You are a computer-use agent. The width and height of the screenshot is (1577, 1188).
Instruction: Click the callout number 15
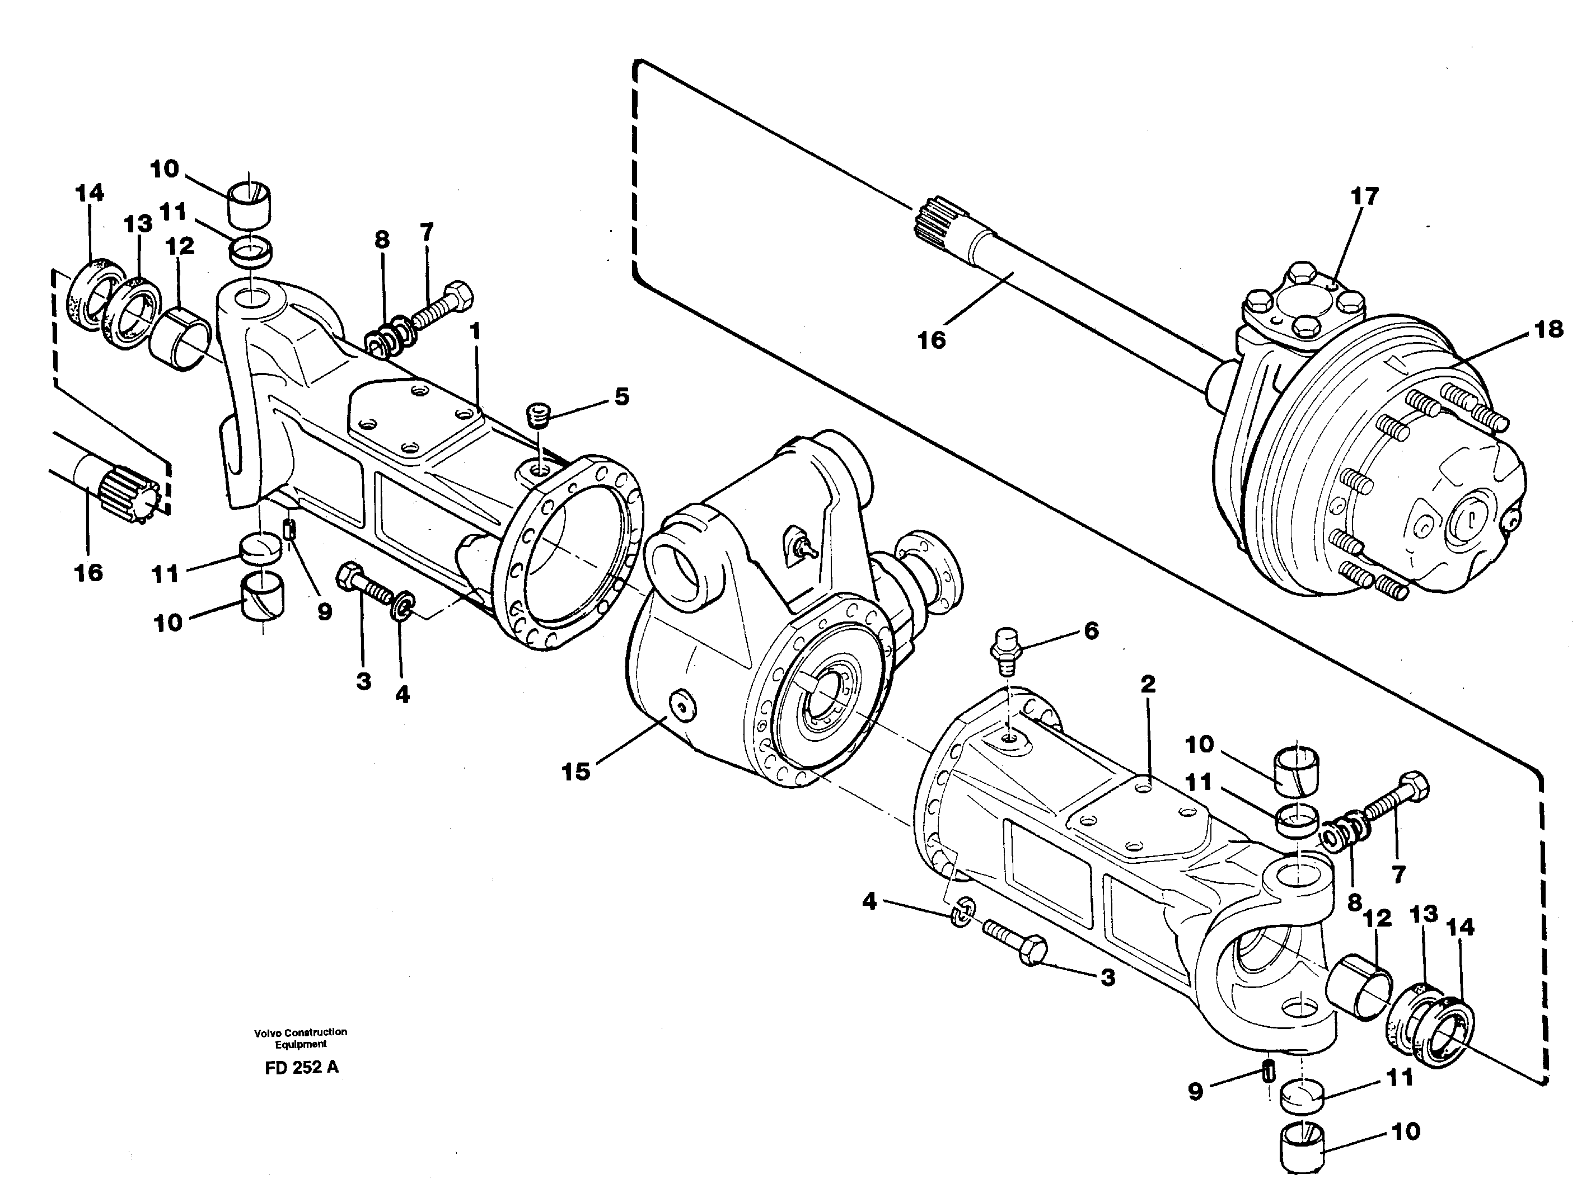(x=575, y=771)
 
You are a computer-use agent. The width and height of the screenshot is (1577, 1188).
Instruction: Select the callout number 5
(x=621, y=396)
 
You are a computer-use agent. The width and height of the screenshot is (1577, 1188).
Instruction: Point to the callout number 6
(x=1092, y=630)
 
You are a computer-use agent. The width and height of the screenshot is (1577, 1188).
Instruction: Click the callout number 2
(x=1147, y=685)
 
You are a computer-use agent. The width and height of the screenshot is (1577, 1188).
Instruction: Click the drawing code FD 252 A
(x=301, y=1068)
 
